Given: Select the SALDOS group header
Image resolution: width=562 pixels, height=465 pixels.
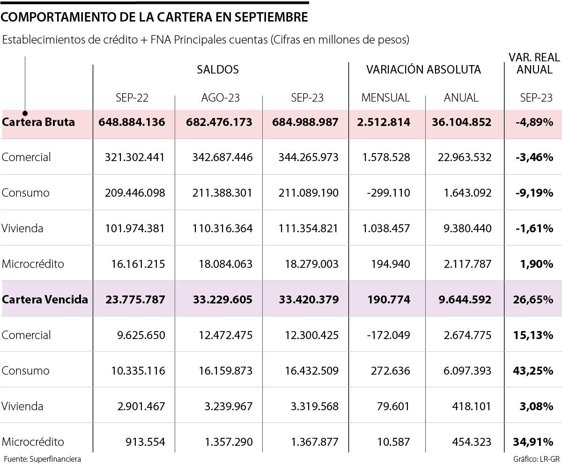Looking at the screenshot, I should click(x=218, y=70).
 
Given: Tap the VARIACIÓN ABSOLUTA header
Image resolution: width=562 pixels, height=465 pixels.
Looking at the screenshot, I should click(x=423, y=70).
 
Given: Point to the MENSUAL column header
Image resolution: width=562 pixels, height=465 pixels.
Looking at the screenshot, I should click(x=385, y=98).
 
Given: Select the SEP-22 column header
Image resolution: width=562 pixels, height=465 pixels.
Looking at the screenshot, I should click(x=132, y=98).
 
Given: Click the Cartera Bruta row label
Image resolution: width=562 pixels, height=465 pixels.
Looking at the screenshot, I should click(x=38, y=122).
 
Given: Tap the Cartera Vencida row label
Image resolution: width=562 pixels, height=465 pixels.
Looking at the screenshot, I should click(x=45, y=300).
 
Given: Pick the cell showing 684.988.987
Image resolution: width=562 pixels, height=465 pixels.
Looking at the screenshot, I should click(x=305, y=122).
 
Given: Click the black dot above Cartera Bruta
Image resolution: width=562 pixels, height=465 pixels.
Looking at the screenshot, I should click(x=25, y=113).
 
